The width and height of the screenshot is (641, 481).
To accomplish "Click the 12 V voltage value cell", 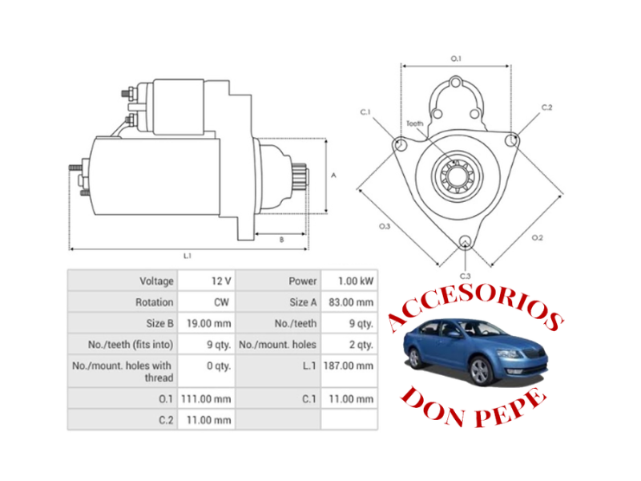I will (221, 281).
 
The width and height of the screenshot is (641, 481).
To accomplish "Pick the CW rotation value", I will (223, 302).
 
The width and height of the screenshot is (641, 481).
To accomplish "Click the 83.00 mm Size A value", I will (353, 302).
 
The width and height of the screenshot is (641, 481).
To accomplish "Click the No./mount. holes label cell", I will (278, 345).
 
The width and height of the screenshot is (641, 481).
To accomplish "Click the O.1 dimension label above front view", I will (456, 59).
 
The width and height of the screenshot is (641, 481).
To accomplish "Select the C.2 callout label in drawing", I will (547, 107).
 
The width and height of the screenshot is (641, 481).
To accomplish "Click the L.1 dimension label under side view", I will (187, 256).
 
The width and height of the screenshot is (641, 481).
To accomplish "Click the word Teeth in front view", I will (414, 123).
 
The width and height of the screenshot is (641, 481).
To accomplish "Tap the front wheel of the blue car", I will (480, 371).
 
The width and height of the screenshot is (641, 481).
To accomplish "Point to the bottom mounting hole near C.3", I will (465, 240).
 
